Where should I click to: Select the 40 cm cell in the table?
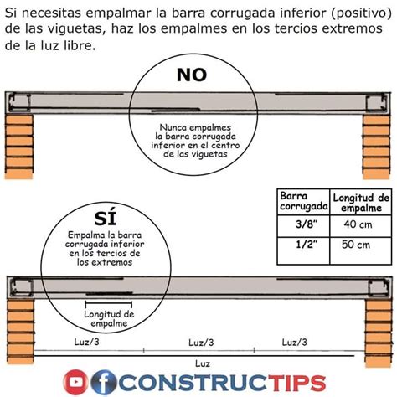tap(361, 224)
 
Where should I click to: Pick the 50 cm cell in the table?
tap(361, 245)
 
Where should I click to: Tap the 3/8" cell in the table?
tap(297, 224)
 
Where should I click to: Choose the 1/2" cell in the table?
tap(297, 245)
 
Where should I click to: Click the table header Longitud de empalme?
tap(361, 202)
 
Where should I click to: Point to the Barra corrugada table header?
tap(297, 202)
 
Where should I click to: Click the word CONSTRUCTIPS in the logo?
tap(222, 383)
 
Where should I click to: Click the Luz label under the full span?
tap(202, 363)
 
